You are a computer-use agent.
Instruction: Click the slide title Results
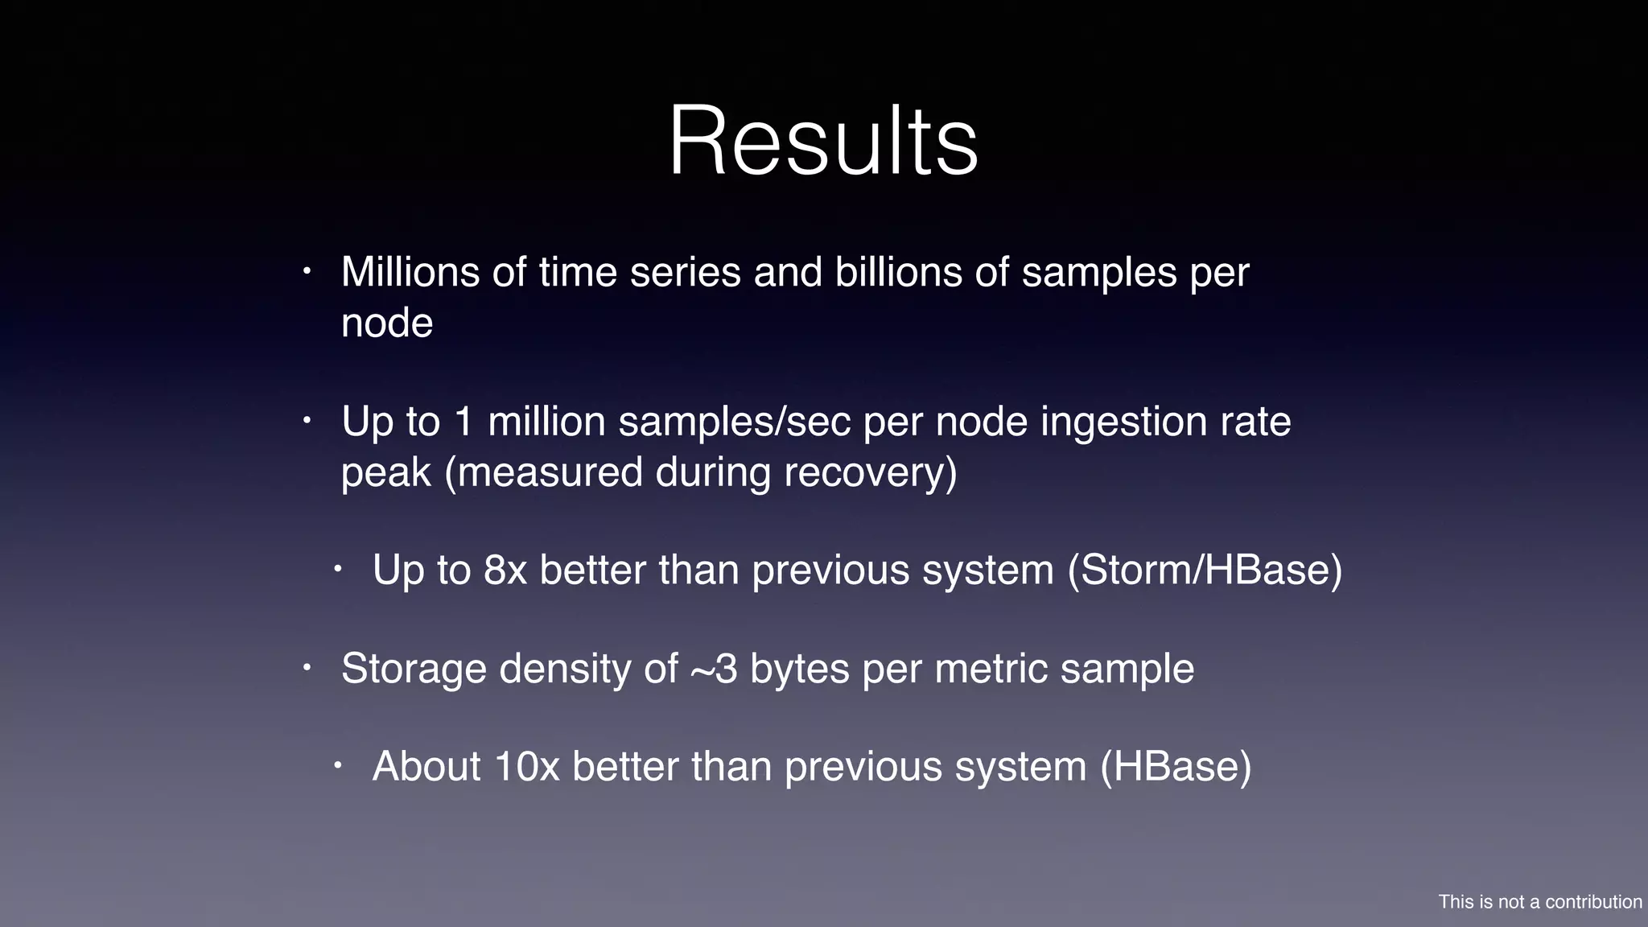pyautogui.click(x=823, y=141)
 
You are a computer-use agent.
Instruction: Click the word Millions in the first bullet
pyautogui.click(x=410, y=272)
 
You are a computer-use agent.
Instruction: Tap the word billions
pyautogui.click(x=898, y=272)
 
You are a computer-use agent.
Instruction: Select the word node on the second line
pyautogui.click(x=387, y=323)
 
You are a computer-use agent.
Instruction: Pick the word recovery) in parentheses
pyautogui.click(x=871, y=472)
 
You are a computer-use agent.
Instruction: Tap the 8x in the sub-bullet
pyautogui.click(x=505, y=571)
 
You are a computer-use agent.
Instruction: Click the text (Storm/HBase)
pyautogui.click(x=1205, y=571)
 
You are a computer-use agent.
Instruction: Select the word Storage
pyautogui.click(x=414, y=669)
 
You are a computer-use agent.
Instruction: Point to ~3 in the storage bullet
pyautogui.click(x=714, y=669)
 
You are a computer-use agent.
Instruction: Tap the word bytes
pyautogui.click(x=799, y=669)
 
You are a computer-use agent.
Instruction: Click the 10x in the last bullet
pyautogui.click(x=526, y=767)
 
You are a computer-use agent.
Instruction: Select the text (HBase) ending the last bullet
pyautogui.click(x=1176, y=767)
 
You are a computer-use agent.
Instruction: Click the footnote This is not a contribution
pyautogui.click(x=1539, y=902)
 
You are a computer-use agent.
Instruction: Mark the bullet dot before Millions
pyautogui.click(x=307, y=272)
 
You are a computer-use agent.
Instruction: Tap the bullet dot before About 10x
pyautogui.click(x=338, y=765)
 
